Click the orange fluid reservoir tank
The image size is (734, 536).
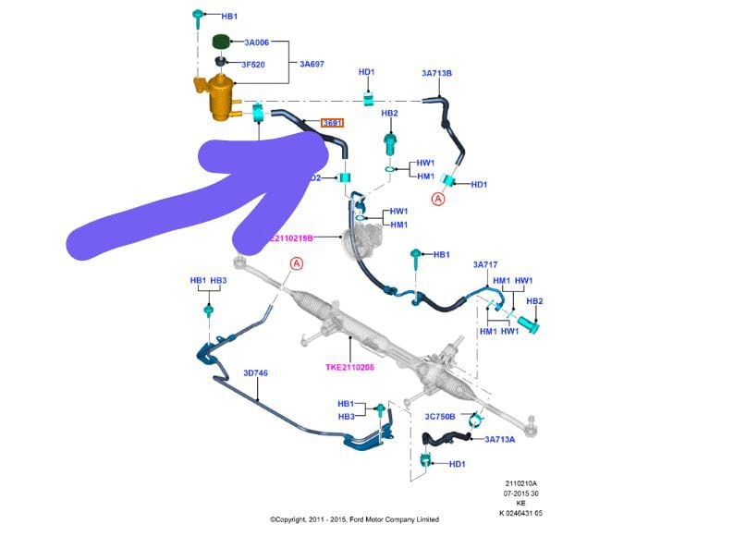[219, 98]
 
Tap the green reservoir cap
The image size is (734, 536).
[221, 43]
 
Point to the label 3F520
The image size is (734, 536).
[253, 65]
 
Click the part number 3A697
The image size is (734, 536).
[312, 64]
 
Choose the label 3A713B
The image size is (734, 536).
[436, 74]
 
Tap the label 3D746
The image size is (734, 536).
[255, 373]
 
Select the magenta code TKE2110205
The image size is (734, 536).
[351, 367]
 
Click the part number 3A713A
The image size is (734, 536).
[500, 439]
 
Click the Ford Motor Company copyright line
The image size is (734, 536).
[354, 519]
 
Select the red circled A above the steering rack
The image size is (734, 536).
[297, 263]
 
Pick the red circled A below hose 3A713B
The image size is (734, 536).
[438, 198]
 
